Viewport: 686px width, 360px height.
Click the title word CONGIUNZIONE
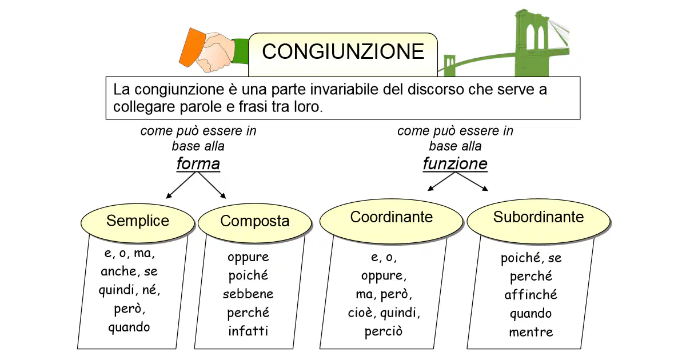point(343,51)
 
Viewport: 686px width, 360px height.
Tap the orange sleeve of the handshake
point(192,47)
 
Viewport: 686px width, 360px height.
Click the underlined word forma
point(198,163)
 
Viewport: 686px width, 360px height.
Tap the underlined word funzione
point(455,163)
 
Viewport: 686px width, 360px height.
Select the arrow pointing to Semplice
point(181,185)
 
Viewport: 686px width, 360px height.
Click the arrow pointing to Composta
point(212,185)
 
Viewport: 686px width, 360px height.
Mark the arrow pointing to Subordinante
point(472,182)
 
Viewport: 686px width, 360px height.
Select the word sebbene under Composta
point(248,294)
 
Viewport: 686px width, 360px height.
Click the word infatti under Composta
point(248,331)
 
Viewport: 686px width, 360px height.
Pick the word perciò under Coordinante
point(384,332)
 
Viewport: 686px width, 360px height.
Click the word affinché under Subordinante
point(531,295)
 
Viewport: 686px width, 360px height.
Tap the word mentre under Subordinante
point(531,332)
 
